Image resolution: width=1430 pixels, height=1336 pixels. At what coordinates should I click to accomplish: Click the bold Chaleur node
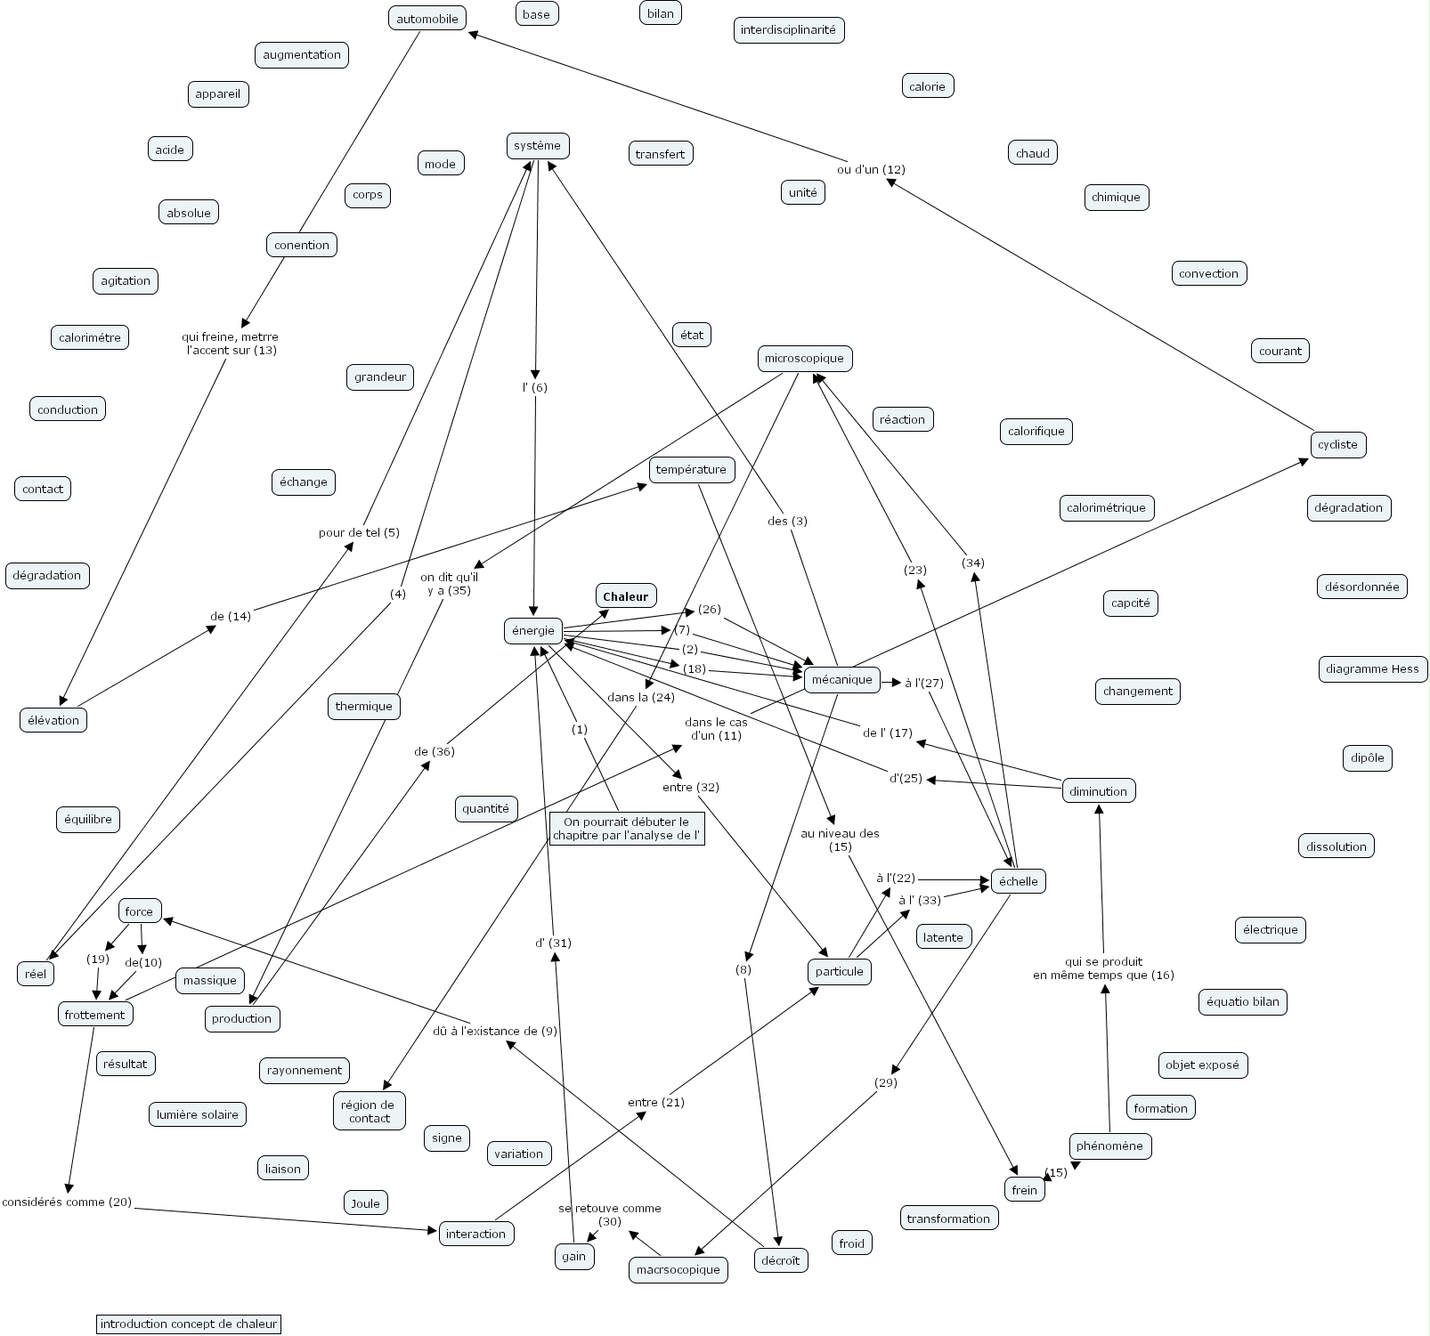(625, 596)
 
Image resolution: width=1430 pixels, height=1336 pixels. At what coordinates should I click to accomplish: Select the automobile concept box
(427, 19)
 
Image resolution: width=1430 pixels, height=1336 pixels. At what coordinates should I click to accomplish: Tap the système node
(538, 146)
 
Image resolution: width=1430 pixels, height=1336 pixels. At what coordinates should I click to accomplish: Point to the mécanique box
(842, 679)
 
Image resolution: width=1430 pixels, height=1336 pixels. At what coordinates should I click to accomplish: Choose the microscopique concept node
(804, 359)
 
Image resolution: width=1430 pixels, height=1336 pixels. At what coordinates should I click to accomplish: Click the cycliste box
(1337, 444)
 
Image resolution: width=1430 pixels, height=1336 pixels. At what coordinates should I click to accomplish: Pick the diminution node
(1098, 791)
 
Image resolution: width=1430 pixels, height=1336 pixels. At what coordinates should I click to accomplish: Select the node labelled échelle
(1018, 881)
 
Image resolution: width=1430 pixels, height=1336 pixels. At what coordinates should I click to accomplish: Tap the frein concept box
(1025, 1190)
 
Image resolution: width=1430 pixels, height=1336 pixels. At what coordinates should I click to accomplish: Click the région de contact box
(369, 1111)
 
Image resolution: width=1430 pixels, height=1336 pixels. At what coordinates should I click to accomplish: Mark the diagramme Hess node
(1372, 669)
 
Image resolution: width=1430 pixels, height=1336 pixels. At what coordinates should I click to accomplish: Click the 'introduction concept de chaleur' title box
(189, 1324)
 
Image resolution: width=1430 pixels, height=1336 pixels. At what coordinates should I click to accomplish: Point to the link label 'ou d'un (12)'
(871, 169)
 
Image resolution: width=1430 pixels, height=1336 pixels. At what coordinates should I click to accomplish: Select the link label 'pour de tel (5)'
(359, 532)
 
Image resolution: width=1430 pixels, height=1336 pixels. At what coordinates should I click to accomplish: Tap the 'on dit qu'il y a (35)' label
(449, 584)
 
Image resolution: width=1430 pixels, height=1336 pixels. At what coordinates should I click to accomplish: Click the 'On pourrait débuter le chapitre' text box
(627, 829)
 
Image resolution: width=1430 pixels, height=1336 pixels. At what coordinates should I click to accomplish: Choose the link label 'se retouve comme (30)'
(610, 1214)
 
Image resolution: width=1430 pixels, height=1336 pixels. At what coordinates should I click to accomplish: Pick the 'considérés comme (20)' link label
(67, 1202)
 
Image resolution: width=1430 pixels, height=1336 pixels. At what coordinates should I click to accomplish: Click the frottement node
(94, 1015)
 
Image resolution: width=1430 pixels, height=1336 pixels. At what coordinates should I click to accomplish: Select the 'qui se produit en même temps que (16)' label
(1103, 968)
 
